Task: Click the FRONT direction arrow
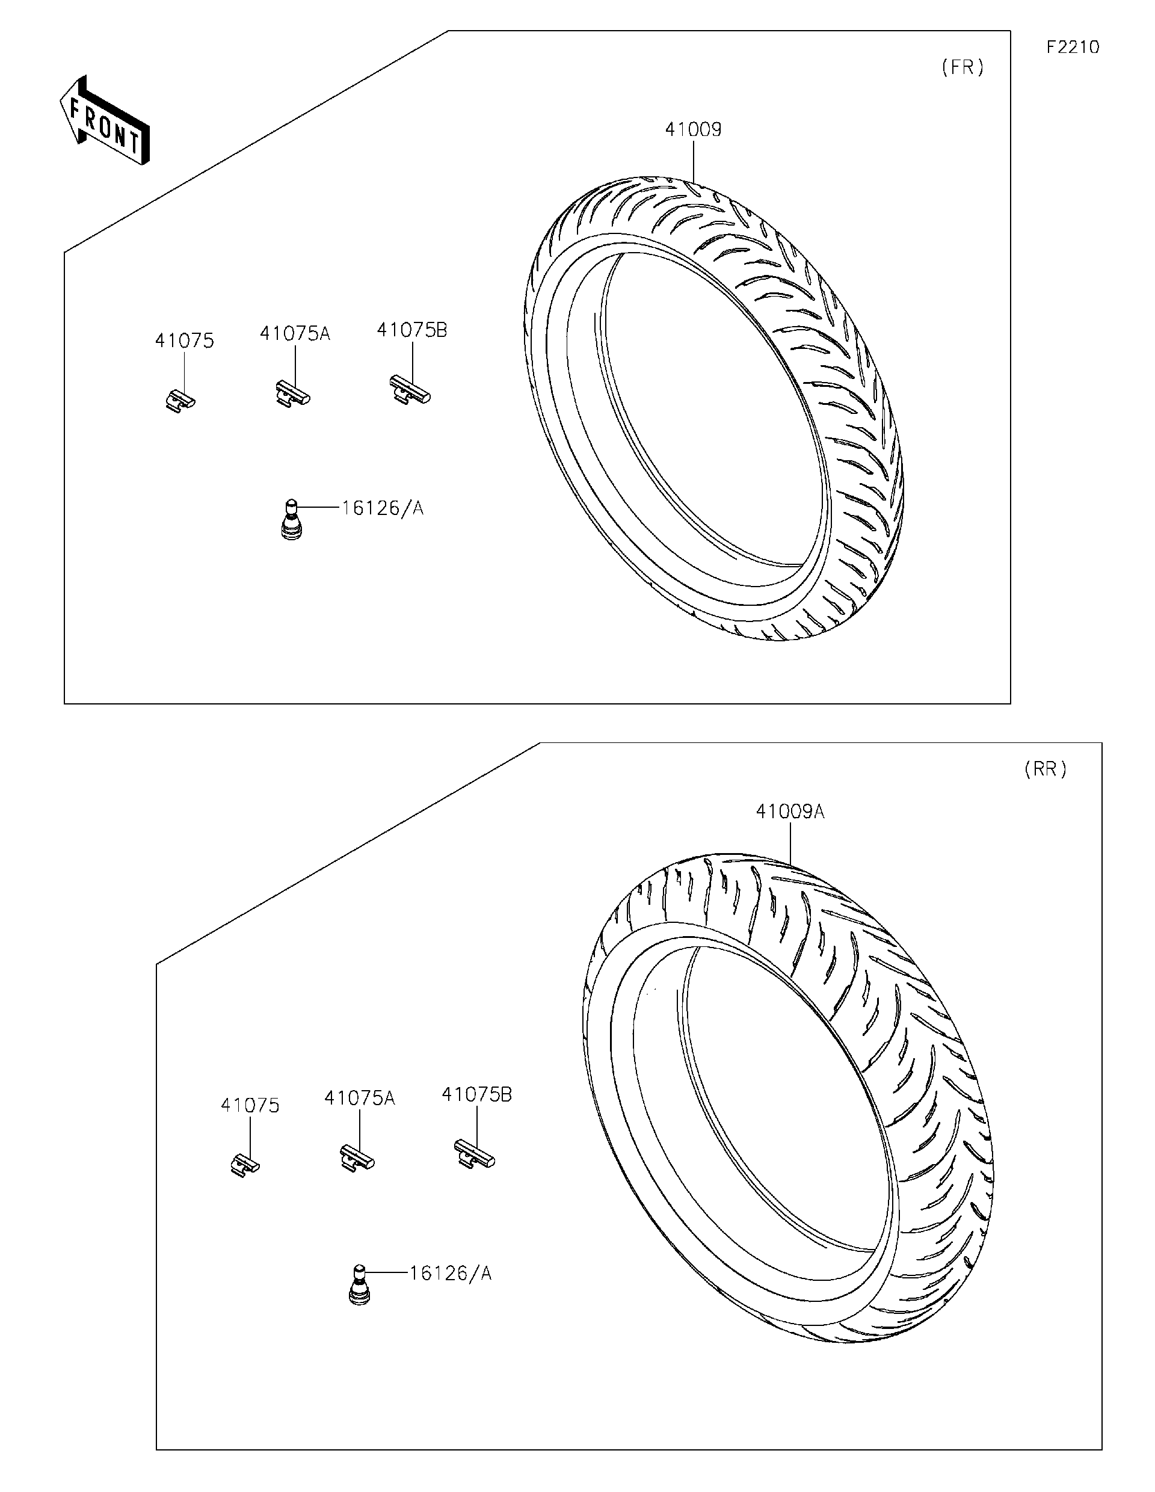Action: click(x=105, y=121)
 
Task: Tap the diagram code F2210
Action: click(x=1073, y=47)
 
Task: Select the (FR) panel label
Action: click(x=962, y=67)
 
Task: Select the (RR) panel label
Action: click(x=1045, y=769)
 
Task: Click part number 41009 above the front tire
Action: click(x=693, y=129)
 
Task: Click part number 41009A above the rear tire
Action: click(x=790, y=812)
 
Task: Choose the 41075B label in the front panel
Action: click(x=412, y=330)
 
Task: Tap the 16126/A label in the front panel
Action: click(x=383, y=508)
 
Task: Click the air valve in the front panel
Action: click(x=292, y=520)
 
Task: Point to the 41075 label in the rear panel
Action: click(x=250, y=1105)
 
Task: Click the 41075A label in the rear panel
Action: click(x=359, y=1098)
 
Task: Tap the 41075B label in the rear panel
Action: click(x=477, y=1094)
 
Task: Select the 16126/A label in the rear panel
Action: click(x=450, y=1272)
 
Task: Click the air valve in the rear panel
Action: click(x=359, y=1285)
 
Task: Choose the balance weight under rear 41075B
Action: click(x=474, y=1155)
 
